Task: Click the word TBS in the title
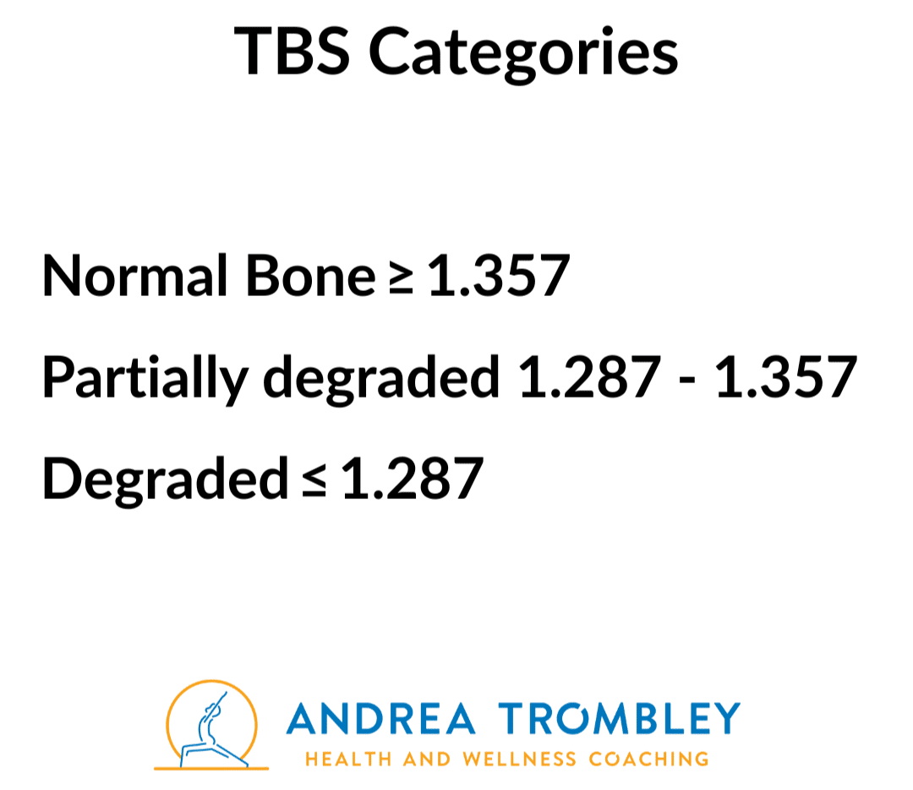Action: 292,51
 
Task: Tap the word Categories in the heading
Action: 523,55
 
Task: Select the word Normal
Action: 134,276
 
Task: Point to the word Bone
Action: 311,276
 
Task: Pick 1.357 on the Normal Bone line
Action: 499,276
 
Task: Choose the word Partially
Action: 145,379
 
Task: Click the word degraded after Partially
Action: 381,379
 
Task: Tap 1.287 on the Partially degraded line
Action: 589,377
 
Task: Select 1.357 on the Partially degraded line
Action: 786,377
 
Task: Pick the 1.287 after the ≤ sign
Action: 413,479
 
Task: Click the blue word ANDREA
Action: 380,718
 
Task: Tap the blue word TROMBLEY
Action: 619,718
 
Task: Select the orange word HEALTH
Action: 349,759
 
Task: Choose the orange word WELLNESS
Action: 519,759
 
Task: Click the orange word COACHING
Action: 649,759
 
